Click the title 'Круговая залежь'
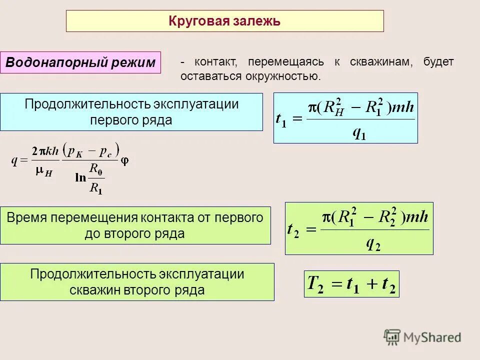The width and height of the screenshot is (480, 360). pos(224,21)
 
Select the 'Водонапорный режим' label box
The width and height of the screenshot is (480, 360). pos(80,63)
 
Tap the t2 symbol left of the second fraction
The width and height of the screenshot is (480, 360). pos(293,230)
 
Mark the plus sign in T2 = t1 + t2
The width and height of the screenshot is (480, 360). pos(370,284)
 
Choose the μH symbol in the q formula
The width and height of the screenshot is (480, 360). pos(44,172)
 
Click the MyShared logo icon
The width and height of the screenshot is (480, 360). pos(392,337)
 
